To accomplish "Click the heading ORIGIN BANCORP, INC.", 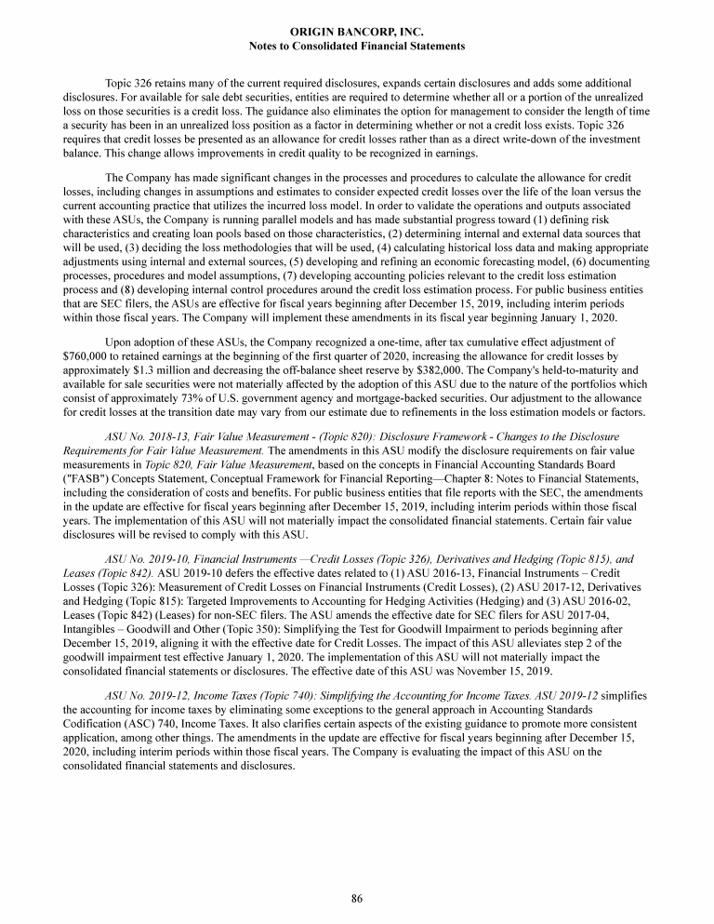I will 357,32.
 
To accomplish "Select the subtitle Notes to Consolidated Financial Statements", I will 357,45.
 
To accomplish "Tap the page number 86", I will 357,898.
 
